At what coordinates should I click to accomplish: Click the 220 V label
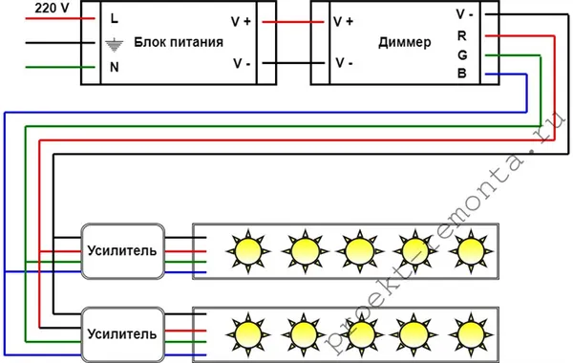[28, 8]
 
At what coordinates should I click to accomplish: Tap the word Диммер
[404, 43]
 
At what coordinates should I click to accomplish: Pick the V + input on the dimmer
[344, 21]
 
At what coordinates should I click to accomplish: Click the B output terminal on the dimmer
[463, 74]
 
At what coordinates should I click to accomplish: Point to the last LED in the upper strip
[469, 250]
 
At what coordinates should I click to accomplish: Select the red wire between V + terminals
[286, 21]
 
